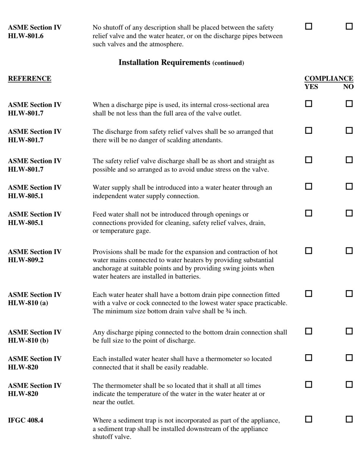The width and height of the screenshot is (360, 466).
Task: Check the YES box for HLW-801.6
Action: pyautogui.click(x=308, y=27)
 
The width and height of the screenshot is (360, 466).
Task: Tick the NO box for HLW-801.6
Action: pyautogui.click(x=349, y=27)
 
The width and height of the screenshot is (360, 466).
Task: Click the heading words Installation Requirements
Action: pyautogui.click(x=164, y=63)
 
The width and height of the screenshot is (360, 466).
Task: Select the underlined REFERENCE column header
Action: pyautogui.click(x=30, y=78)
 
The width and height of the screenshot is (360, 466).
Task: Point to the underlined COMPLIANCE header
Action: pyautogui.click(x=329, y=78)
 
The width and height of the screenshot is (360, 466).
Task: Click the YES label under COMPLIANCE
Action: pyautogui.click(x=311, y=87)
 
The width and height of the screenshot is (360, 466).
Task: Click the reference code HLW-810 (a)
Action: pyautogui.click(x=28, y=303)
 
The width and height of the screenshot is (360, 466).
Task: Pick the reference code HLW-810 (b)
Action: pyautogui.click(x=28, y=341)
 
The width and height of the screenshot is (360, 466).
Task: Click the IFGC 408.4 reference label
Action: pyautogui.click(x=25, y=420)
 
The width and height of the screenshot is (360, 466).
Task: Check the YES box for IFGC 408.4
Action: pyautogui.click(x=308, y=419)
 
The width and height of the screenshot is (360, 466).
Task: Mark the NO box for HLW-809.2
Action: pyautogui.click(x=349, y=251)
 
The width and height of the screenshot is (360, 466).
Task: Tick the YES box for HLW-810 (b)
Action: pyautogui.click(x=308, y=331)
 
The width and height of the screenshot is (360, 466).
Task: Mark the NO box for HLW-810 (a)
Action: pyautogui.click(x=349, y=294)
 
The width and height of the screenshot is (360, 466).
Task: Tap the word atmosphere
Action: pyautogui.click(x=164, y=44)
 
